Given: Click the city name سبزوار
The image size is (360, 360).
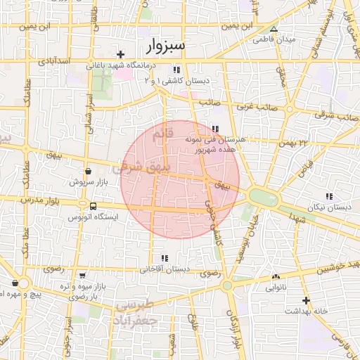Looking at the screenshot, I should coord(167,46).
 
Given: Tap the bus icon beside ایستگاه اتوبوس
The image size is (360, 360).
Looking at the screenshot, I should coord(94,206).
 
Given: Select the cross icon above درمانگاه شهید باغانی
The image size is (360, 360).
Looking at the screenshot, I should coord(121,54).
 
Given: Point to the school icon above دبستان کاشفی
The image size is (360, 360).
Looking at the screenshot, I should coord(176,70).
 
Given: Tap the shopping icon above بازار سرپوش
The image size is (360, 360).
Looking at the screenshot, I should coord(88,171).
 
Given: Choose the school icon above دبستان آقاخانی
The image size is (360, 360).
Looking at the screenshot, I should coord(165,258).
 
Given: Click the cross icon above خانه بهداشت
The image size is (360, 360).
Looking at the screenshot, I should coord(305,300).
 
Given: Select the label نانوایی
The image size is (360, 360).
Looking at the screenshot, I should coord(275,288).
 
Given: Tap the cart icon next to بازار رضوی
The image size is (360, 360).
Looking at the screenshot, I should coord(83,276).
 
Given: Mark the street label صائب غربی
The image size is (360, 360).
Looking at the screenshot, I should coord(252,108).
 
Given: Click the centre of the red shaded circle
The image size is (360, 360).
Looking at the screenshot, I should coord(179,179).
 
